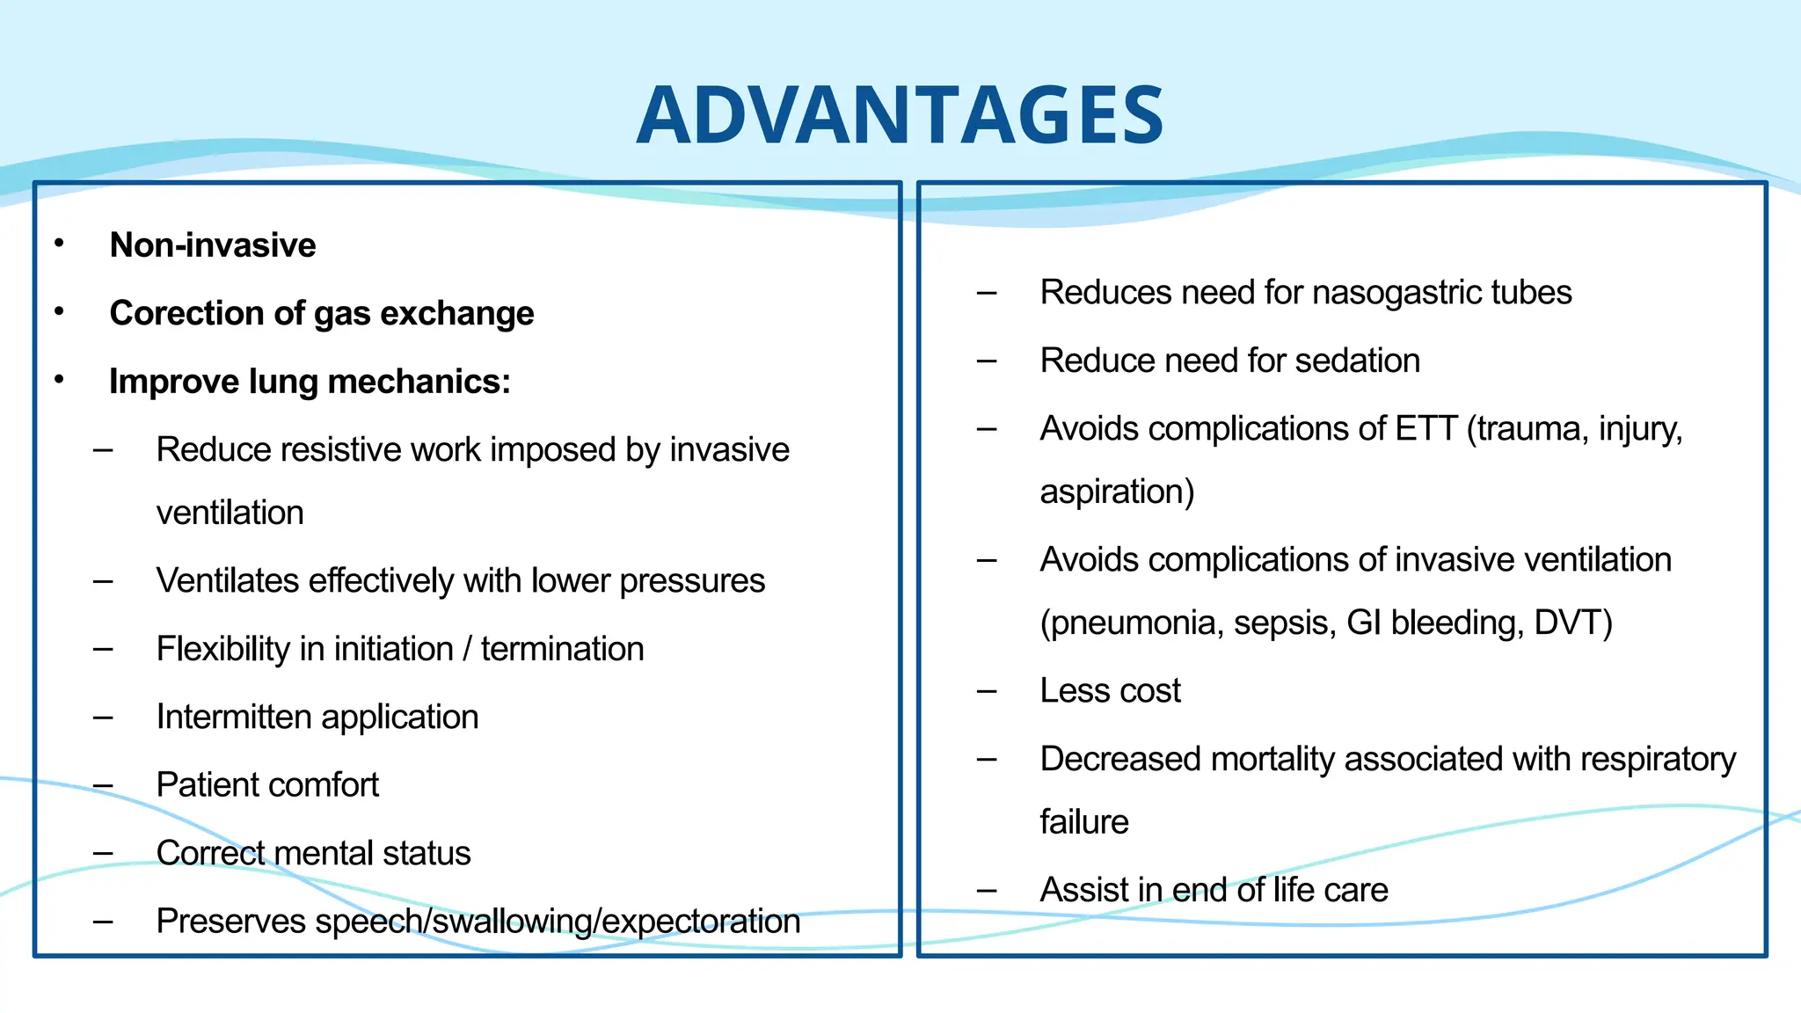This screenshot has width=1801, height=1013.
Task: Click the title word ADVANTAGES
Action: (x=900, y=115)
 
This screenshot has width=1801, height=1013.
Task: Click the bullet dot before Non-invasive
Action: (x=59, y=244)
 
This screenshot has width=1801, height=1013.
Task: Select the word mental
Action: (x=338, y=853)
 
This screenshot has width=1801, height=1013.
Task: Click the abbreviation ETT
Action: (x=1425, y=429)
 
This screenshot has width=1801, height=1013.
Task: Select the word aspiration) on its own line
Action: (x=1117, y=492)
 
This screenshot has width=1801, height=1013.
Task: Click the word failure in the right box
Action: (x=1083, y=822)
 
